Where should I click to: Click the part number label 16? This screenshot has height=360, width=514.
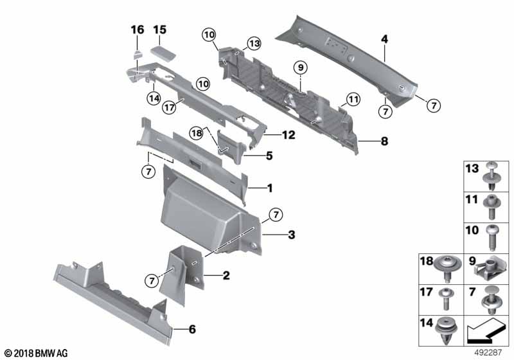click(137, 30)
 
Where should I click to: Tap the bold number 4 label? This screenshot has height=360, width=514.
click(384, 39)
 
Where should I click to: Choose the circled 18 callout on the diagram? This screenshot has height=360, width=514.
click(197, 132)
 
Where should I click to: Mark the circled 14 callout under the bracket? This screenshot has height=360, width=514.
click(153, 98)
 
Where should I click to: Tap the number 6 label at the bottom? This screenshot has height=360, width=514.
click(192, 329)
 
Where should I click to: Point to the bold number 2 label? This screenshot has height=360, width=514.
click(226, 276)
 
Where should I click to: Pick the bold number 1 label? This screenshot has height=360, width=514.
click(270, 188)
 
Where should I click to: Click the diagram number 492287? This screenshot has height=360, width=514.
click(492, 353)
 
